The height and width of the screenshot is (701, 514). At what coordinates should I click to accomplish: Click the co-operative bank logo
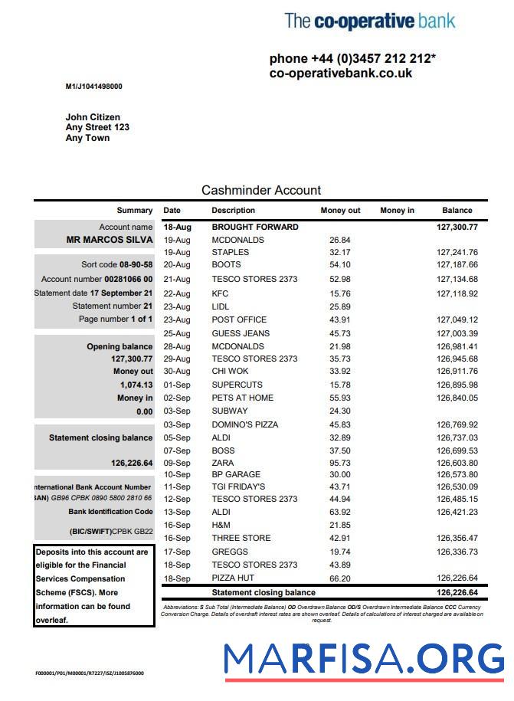point(369,21)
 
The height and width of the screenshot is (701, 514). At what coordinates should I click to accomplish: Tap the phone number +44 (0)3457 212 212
point(352,59)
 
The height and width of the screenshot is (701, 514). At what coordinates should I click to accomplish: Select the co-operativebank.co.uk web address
point(341,74)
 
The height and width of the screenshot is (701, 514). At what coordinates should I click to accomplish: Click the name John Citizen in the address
point(93,117)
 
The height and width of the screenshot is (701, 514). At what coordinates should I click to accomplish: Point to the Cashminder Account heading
point(261,190)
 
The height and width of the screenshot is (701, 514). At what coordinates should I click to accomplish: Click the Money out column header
point(340,210)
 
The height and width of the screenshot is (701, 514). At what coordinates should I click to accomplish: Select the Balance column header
point(457,210)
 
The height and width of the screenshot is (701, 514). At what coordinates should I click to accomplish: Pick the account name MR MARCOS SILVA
point(110,240)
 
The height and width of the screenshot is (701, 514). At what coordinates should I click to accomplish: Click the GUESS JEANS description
point(241,333)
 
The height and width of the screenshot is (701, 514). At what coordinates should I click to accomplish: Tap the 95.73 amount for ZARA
point(339,463)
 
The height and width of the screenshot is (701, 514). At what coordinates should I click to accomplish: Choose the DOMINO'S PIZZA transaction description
point(245,424)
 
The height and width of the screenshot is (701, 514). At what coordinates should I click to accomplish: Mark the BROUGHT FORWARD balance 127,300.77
point(457,227)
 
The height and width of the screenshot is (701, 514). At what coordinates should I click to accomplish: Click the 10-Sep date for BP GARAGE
point(177,475)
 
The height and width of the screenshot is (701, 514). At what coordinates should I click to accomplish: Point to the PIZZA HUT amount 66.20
point(339,578)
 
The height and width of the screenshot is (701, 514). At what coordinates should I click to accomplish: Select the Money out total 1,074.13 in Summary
point(136,385)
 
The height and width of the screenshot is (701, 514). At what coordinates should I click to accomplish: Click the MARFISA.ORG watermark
point(365,660)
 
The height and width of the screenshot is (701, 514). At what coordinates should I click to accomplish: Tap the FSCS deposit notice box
point(93,586)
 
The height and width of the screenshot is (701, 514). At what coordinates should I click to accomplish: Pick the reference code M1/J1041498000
point(93,87)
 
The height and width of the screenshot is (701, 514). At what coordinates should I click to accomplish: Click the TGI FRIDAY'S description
point(238,486)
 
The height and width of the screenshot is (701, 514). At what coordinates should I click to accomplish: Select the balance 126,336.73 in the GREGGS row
point(457,552)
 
